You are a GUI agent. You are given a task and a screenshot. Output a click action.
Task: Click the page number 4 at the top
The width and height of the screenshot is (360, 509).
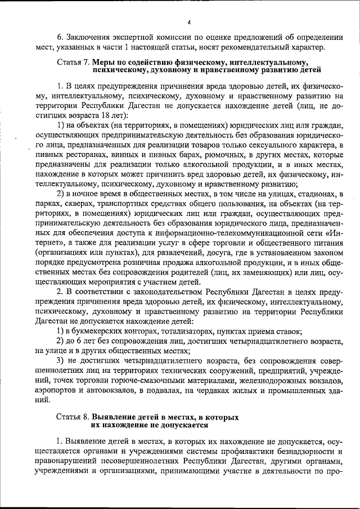coord(189,22)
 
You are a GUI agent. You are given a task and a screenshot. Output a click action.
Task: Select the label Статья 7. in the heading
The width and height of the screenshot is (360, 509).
coord(73,61)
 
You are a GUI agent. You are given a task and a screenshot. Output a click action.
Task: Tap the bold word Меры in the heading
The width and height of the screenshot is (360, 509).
coord(104,61)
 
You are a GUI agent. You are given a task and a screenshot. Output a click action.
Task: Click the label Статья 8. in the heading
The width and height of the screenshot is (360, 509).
coord(73,417)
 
